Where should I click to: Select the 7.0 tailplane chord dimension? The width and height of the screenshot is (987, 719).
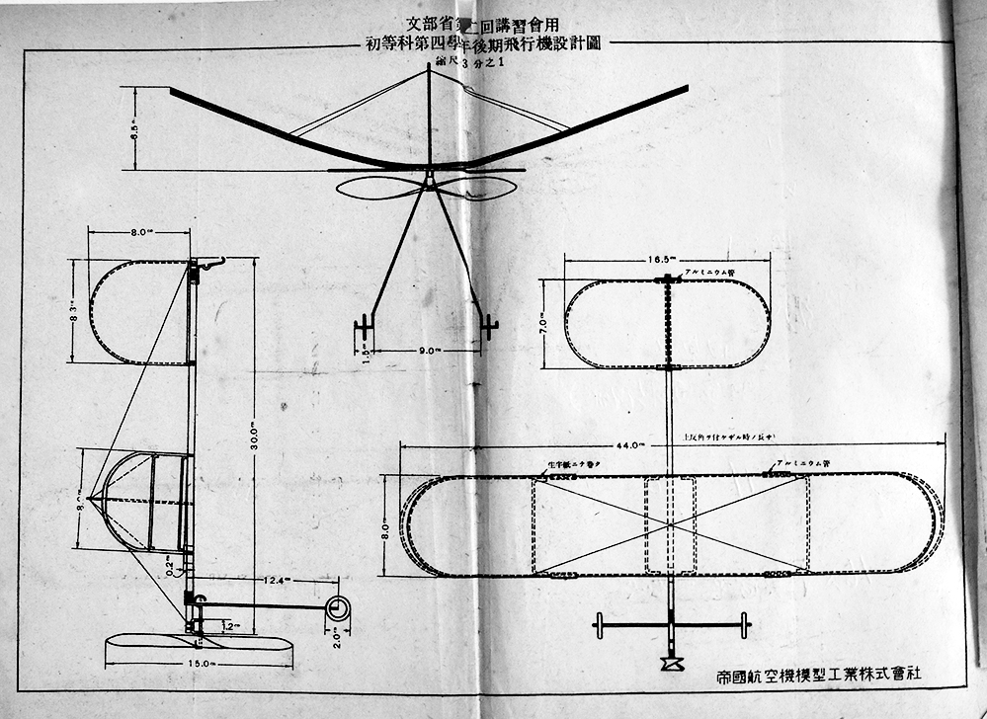click(x=541, y=323)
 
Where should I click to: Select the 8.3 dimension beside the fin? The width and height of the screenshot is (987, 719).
click(x=75, y=311)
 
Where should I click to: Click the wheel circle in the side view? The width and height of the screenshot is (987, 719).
click(x=338, y=608)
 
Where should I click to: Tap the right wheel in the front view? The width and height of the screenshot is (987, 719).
click(x=489, y=323)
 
